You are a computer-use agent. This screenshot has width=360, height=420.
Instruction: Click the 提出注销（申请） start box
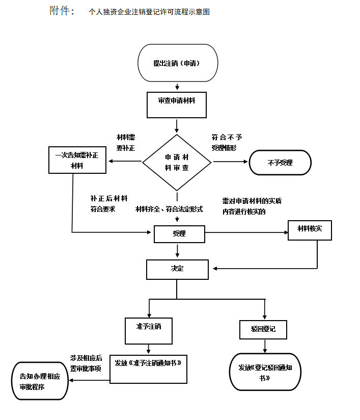(x=178, y=63)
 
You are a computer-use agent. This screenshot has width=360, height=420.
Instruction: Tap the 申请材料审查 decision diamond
(x=177, y=163)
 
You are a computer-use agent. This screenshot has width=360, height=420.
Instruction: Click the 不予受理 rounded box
(x=280, y=163)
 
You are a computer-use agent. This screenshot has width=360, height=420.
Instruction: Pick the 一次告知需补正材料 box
(x=77, y=160)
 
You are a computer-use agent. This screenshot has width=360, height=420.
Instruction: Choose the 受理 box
(x=179, y=234)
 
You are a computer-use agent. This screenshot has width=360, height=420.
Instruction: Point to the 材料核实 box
(x=310, y=229)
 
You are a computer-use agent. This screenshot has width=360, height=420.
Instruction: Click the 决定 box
(x=177, y=269)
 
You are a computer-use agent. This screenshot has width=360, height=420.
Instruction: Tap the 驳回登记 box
(x=263, y=329)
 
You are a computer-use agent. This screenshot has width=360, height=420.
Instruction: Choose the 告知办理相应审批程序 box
(x=40, y=381)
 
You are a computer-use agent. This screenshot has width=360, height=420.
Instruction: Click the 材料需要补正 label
(x=126, y=142)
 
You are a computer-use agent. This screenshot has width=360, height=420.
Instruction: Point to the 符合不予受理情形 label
(x=227, y=142)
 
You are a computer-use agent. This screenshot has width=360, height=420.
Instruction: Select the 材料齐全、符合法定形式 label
(x=169, y=209)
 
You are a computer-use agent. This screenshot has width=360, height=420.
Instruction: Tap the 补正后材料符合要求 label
(x=108, y=203)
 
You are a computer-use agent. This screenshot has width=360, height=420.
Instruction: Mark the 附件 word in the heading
(x=62, y=11)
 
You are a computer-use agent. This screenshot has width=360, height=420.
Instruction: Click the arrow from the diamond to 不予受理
(x=230, y=162)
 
